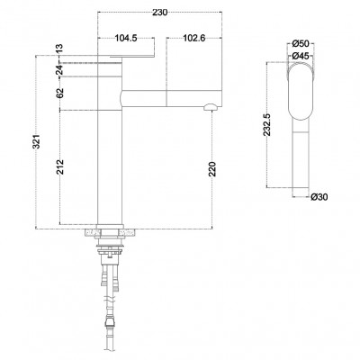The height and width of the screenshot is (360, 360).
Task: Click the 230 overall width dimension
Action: click(159, 13)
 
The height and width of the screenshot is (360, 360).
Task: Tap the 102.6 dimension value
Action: click(194, 38)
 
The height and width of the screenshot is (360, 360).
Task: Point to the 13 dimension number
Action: click(59, 49)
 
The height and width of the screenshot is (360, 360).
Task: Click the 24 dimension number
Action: click(59, 70)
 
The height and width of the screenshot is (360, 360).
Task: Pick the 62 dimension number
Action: click(59, 93)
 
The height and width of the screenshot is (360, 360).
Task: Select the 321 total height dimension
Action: click(36, 141)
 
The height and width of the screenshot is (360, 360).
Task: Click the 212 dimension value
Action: click(60, 166)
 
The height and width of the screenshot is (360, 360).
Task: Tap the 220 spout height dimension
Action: click(212, 169)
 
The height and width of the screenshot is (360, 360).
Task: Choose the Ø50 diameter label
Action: click(301, 44)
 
